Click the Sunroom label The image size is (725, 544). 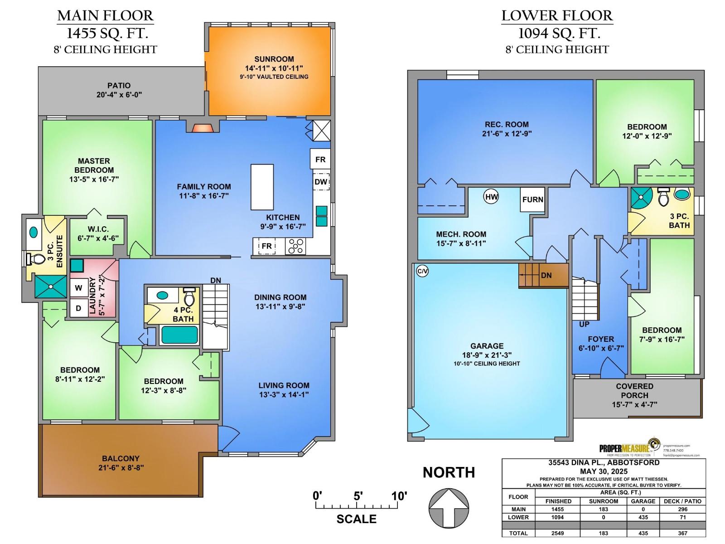coord(274,59)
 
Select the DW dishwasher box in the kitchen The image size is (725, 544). coord(321,182)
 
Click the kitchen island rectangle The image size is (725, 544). coord(262,187)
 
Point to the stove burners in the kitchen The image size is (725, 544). coord(295,246)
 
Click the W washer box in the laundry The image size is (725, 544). coord(79,288)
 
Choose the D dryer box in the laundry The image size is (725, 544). coord(79,308)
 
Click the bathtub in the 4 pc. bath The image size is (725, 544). coord(180,335)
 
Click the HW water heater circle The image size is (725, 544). coord(491,197)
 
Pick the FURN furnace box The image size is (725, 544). coord(532,199)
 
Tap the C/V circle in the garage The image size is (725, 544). coord(422,272)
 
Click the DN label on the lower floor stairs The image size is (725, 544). coord(546,275)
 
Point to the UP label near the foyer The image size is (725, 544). coord(584,324)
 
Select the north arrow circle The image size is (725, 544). coord(449,508)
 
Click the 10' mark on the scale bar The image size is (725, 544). coord(399,496)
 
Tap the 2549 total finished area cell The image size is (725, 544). coord(558,533)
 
